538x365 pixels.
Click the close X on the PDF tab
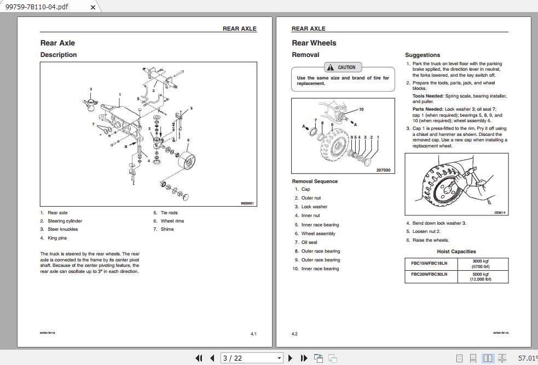(92, 7)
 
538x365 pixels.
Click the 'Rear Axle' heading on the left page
(57, 43)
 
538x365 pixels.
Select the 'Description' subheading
(59, 55)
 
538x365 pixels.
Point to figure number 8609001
(247, 203)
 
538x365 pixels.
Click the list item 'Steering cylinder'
(65, 221)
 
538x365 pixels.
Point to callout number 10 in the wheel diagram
(361, 109)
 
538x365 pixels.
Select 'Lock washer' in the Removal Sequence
(314, 207)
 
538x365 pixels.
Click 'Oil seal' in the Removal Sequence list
(309, 242)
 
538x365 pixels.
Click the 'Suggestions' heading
(423, 55)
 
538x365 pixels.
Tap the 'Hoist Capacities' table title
(456, 252)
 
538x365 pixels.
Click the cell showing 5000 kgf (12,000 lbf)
(481, 276)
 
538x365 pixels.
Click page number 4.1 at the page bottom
(253, 334)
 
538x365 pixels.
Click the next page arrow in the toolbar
(290, 358)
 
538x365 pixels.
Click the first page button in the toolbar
(199, 358)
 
